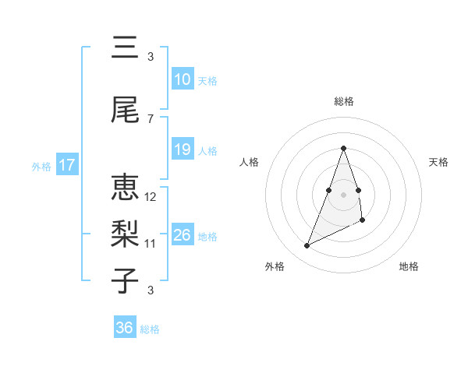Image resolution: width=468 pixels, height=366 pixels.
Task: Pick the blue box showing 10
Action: point(182,79)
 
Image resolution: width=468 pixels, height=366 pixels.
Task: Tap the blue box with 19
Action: point(182,150)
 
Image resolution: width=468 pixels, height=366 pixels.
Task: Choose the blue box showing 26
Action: point(182,235)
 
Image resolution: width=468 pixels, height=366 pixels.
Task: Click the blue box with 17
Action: point(66,165)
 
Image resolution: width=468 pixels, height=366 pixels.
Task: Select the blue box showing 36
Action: point(124,328)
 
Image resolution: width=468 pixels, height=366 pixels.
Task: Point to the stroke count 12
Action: point(151,197)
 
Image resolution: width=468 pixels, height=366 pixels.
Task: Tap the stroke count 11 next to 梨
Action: point(151,244)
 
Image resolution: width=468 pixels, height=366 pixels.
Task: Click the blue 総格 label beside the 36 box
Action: point(151,329)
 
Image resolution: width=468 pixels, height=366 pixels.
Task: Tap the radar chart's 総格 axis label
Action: point(343,101)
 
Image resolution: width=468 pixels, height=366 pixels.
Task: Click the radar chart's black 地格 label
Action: point(409,266)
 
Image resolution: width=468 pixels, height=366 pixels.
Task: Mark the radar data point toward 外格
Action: point(307,246)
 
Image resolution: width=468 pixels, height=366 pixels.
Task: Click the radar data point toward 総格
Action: point(343,148)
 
